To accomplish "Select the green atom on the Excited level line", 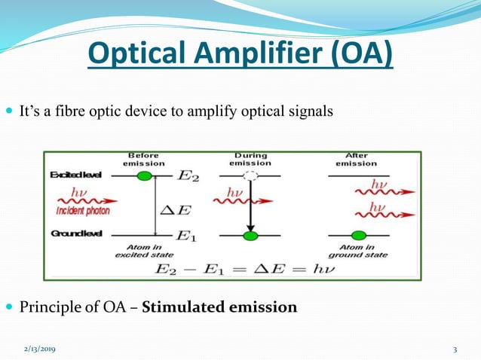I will click(145, 175).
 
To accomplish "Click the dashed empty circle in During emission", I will click(250, 175).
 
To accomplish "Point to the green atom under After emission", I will click(359, 236).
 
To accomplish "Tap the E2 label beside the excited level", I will click(188, 177).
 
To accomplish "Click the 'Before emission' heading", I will click(143, 159).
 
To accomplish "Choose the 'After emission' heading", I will click(357, 159).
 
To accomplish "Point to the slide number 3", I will click(455, 349).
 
